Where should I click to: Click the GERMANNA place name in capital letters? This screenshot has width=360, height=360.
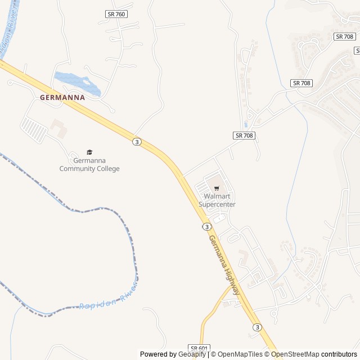(x=62, y=97)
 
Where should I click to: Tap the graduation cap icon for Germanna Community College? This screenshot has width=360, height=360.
(x=89, y=152)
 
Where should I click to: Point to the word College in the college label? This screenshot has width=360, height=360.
(x=108, y=169)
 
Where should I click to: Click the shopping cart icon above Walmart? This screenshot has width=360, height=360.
(x=217, y=188)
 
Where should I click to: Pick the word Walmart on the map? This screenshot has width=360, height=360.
(x=217, y=196)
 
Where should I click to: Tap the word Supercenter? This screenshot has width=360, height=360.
(x=217, y=204)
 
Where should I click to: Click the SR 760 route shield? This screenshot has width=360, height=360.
(x=116, y=13)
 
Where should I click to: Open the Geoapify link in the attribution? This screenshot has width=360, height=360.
(x=192, y=354)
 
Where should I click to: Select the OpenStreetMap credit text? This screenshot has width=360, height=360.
(x=295, y=354)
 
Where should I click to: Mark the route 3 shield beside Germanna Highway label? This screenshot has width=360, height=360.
(x=207, y=226)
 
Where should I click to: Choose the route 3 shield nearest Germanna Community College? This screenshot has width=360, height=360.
(x=137, y=141)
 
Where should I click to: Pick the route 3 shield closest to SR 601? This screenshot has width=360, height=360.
(x=257, y=327)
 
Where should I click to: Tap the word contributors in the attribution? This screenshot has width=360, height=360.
(x=339, y=354)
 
